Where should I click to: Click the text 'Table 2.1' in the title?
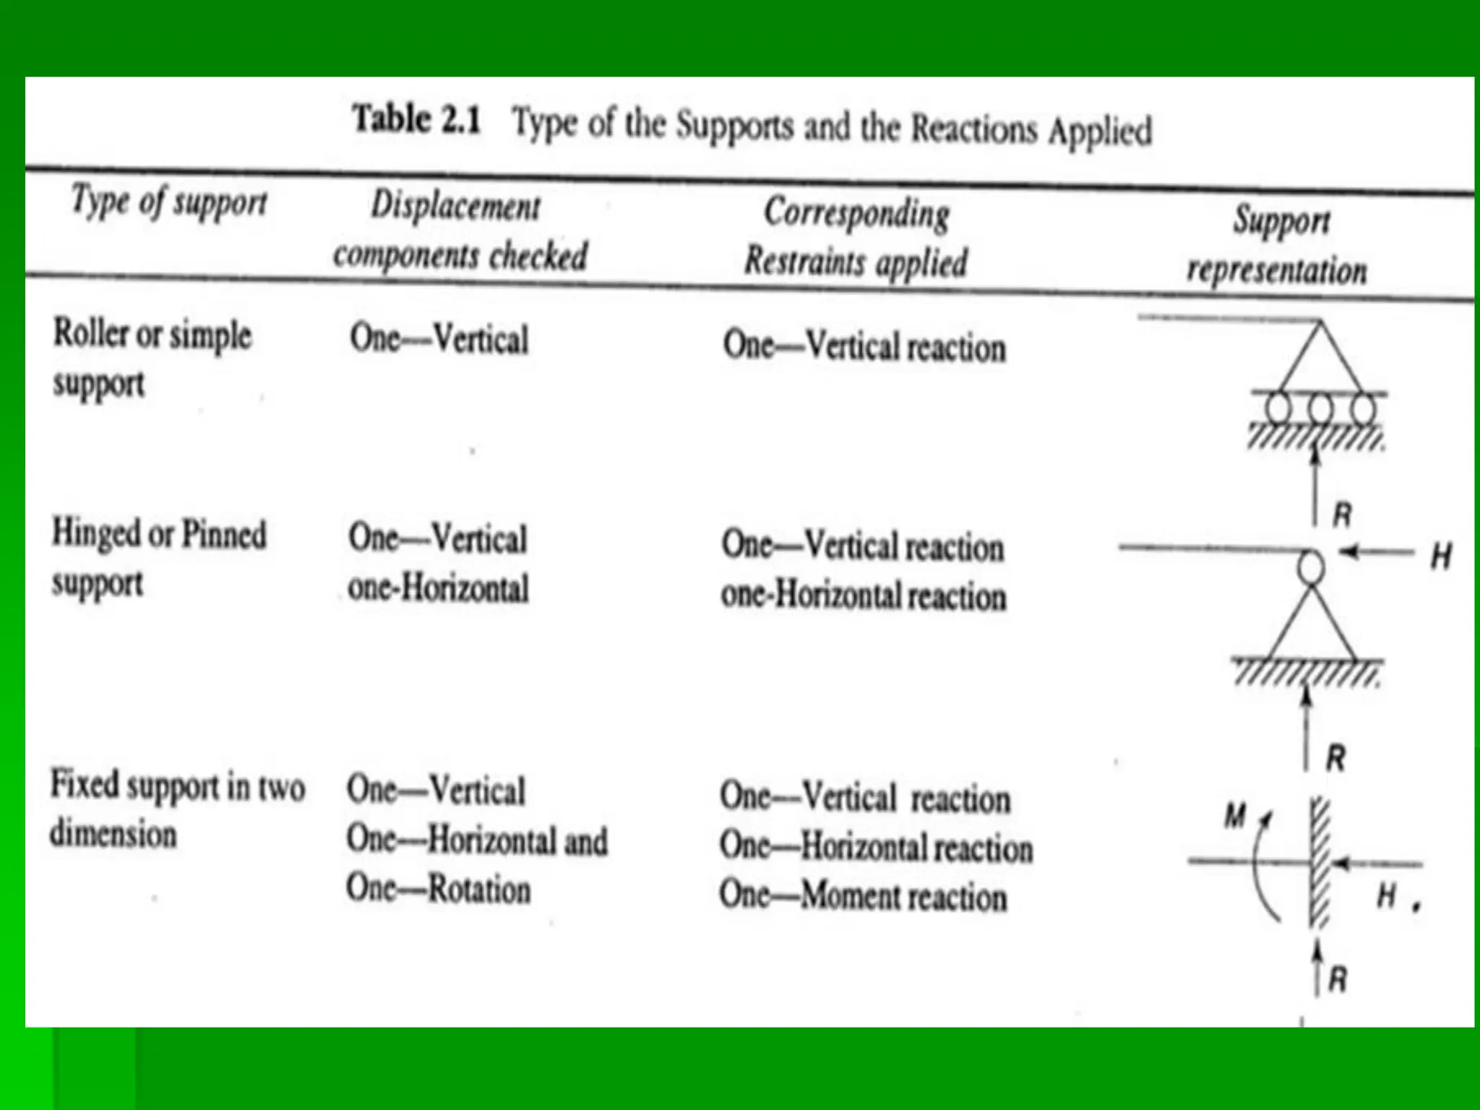(x=416, y=119)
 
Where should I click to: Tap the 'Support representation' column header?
(x=1278, y=246)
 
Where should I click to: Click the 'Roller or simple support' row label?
(x=152, y=358)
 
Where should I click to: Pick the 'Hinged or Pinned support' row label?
(x=158, y=558)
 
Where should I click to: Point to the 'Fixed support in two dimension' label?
(x=176, y=809)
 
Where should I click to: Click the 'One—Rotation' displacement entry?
(x=438, y=888)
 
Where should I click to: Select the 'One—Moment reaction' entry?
(x=863, y=896)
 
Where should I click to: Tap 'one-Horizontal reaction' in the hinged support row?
(x=863, y=596)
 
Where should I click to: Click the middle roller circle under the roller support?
(x=1320, y=409)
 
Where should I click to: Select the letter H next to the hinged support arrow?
(x=1441, y=557)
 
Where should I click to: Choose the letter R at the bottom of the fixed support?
(x=1338, y=980)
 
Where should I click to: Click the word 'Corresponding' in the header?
(x=856, y=213)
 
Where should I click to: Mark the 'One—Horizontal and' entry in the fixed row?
(x=476, y=840)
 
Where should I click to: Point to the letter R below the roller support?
(x=1342, y=515)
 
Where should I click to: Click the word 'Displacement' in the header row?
(x=455, y=206)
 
